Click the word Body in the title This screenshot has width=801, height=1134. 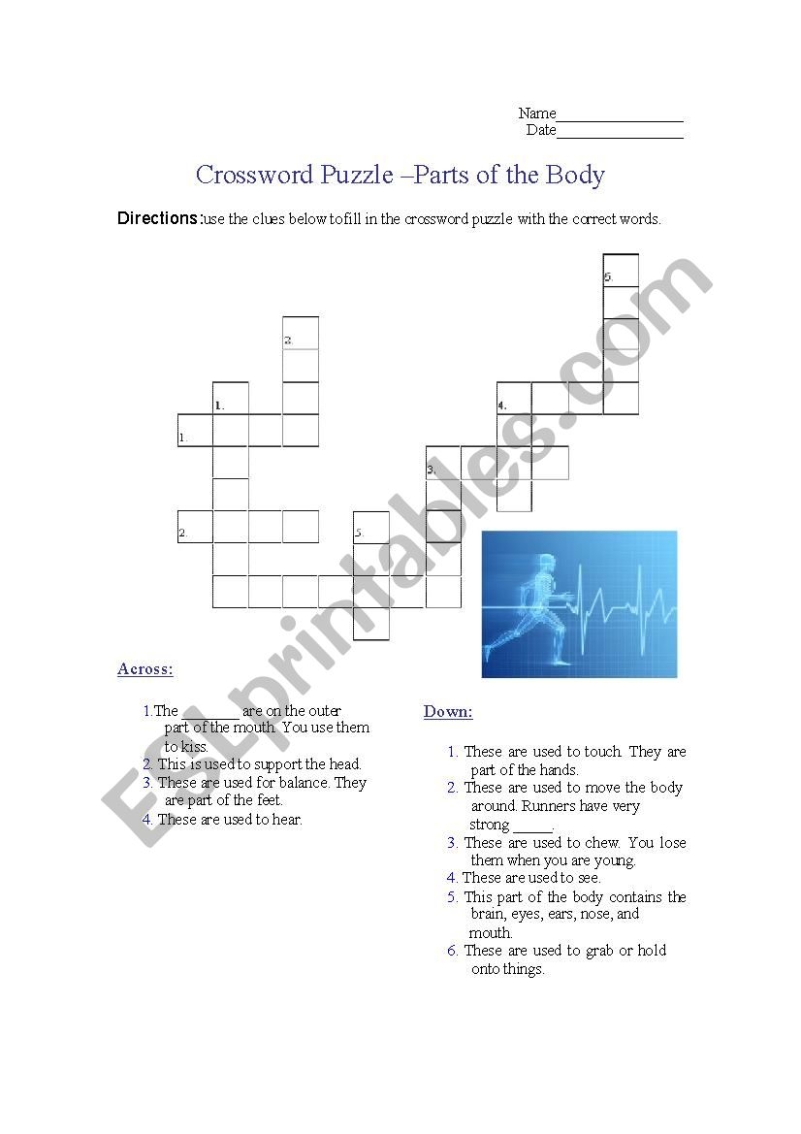575,176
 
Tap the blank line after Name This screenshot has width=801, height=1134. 620,114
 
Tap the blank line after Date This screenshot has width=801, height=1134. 620,131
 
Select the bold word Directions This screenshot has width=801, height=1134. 158,218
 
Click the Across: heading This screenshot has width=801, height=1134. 145,669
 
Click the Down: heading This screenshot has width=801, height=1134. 448,712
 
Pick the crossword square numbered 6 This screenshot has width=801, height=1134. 621,271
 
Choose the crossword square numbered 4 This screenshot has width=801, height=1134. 514,399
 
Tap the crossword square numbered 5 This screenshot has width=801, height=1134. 371,529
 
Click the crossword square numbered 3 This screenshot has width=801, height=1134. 443,464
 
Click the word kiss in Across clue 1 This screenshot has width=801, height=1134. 193,747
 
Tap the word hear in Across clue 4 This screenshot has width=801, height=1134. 287,820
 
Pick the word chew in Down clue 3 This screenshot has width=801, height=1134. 603,842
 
